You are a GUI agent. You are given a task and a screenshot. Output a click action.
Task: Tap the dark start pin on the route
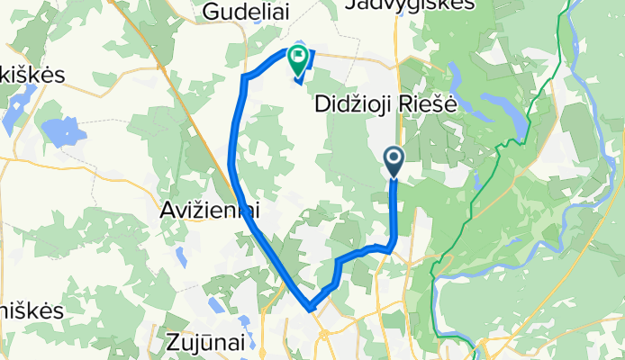[x=394, y=160]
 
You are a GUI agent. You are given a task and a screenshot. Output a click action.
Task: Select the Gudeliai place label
[x=238, y=12]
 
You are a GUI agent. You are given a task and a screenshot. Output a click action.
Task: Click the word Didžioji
[x=352, y=104]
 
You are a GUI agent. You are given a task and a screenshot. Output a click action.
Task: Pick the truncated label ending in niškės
[x=32, y=310]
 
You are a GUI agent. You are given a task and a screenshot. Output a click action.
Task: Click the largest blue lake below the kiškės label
[x=63, y=133]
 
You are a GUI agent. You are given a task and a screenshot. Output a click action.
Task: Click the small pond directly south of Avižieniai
[x=180, y=255]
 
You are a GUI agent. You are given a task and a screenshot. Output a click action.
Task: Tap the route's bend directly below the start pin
[x=392, y=245]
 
